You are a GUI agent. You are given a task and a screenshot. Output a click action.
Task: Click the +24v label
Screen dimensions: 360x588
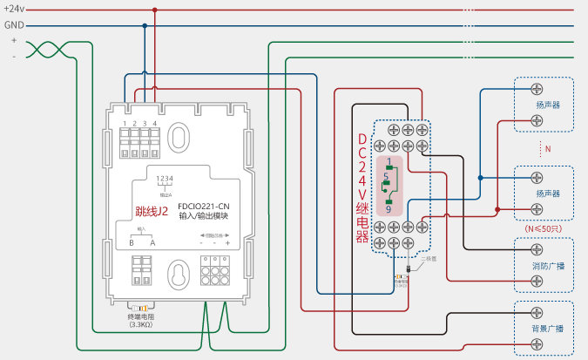coord(14,9)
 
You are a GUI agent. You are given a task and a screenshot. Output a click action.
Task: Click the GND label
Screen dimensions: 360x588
coord(14,25)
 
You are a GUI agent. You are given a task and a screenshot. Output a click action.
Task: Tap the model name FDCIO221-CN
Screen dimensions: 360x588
coord(203,205)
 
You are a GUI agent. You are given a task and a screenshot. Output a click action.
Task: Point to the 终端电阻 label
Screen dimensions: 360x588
coord(140,316)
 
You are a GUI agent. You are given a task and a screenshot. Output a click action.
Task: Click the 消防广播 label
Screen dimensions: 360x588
coord(547,266)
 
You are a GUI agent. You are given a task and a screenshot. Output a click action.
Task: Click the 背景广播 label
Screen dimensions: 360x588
coord(547,329)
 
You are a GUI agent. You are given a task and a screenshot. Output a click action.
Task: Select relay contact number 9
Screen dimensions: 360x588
coord(388,210)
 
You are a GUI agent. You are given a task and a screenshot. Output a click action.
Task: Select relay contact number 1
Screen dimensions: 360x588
coord(388,162)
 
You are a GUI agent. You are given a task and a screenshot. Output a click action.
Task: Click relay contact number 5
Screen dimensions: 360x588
coord(385,177)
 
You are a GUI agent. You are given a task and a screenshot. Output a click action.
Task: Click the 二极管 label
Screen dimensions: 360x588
coord(429,259)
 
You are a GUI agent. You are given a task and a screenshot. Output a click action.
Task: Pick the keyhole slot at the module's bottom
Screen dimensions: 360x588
coord(179,275)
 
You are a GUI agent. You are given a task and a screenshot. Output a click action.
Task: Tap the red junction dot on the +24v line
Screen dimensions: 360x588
coord(155,10)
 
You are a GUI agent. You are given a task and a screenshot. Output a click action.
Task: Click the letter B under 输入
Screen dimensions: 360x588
coord(132,243)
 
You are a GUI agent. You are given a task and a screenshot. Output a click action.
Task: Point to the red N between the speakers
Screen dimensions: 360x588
coord(548,149)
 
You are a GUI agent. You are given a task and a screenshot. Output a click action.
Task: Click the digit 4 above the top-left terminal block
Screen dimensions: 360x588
coord(155,125)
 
